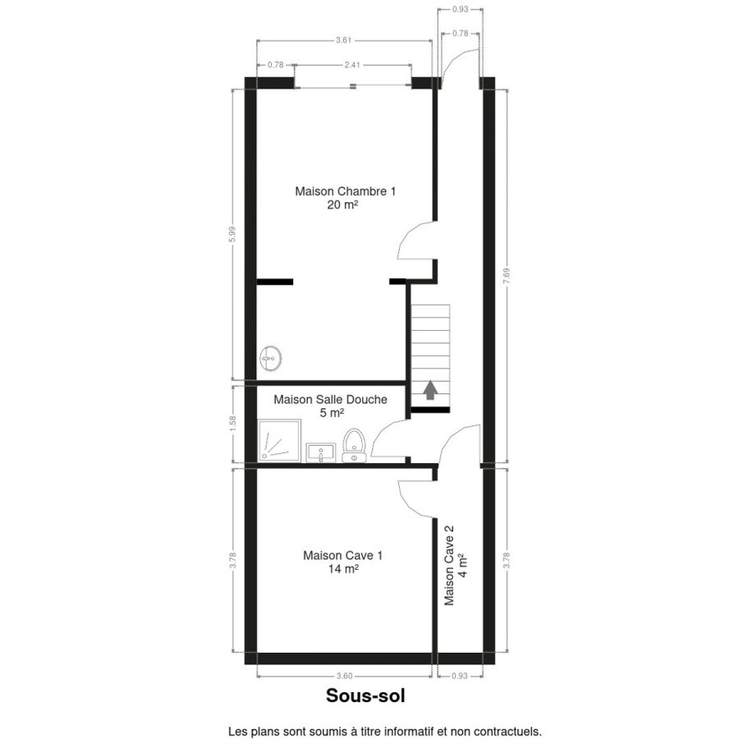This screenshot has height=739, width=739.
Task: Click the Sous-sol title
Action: tap(365, 695)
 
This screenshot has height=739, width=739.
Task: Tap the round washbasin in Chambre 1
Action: tap(271, 359)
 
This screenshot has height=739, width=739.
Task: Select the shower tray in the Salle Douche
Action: tap(279, 441)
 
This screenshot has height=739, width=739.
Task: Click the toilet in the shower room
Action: tap(354, 445)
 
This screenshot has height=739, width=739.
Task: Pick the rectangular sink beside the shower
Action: tap(321, 452)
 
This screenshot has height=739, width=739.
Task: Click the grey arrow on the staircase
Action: tap(429, 390)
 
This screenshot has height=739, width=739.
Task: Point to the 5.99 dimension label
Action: tap(232, 235)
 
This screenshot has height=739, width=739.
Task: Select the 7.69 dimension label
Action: tap(507, 276)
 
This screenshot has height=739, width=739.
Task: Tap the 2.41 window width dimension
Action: tap(352, 65)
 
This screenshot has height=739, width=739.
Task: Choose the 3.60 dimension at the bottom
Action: tap(345, 676)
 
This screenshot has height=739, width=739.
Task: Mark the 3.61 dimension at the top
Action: tap(343, 40)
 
